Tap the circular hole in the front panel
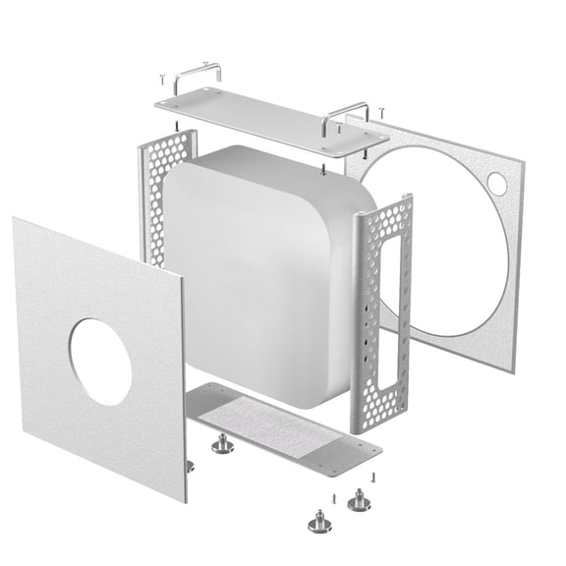pyautogui.click(x=99, y=362)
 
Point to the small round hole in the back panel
pyautogui.click(x=496, y=183)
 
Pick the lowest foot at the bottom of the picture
pyautogui.click(x=319, y=521)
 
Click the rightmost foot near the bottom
pyautogui.click(x=360, y=502)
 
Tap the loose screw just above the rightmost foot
pyautogui.click(x=374, y=479)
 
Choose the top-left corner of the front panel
pyautogui.click(x=16, y=219)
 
